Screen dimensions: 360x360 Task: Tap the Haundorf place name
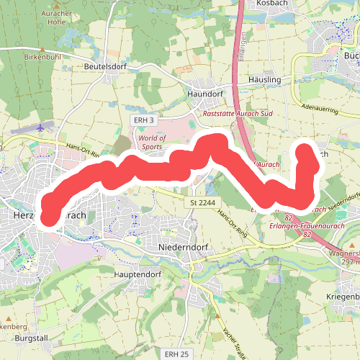click(205, 94)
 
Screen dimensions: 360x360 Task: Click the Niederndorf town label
click(182, 246)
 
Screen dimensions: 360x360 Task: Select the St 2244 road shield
click(203, 203)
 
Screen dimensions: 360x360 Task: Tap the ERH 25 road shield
click(176, 354)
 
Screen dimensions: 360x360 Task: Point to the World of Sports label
click(152, 142)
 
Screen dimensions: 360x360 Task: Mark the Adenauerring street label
click(320, 109)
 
